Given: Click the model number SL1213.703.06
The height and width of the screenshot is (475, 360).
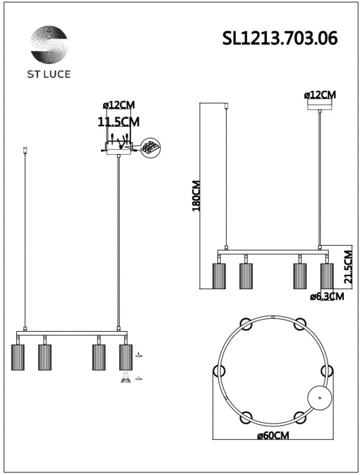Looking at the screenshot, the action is coord(280,39).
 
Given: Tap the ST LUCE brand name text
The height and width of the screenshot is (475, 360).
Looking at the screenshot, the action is coord(49,74).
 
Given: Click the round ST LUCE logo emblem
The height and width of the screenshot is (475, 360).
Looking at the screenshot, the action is coord(49,45).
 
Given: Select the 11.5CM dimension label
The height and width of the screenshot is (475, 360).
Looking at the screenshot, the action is coord(119,121).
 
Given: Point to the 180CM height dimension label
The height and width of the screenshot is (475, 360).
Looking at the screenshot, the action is coord(196,195).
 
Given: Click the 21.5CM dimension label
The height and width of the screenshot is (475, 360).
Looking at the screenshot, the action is coord(348,267).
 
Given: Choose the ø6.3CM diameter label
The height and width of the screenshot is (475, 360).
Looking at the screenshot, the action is coord(327,297).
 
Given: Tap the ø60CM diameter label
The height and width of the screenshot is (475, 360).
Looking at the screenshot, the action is coord(273,436).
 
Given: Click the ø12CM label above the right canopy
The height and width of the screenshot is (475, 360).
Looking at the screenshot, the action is coord(320,95).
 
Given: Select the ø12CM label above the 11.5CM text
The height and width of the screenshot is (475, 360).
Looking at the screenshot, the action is coord(119,105).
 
